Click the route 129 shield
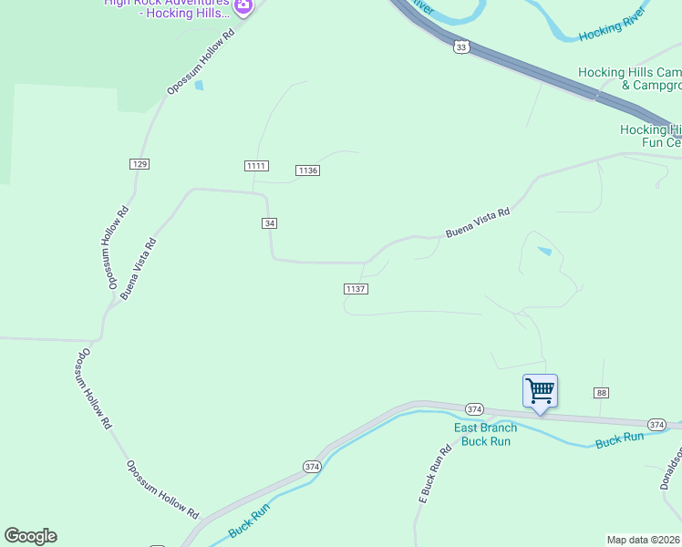(139, 164)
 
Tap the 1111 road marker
(256, 165)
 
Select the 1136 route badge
(307, 170)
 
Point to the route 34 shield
(269, 223)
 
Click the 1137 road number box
(356, 289)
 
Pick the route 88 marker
(601, 393)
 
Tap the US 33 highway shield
(460, 47)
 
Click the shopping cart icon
(540, 391)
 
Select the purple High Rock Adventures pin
(243, 7)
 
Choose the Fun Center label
(651, 136)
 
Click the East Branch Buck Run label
(486, 435)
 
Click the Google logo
(30, 536)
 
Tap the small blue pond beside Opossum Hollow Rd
(200, 86)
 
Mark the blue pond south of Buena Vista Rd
(544, 251)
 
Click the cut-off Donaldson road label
(671, 469)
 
